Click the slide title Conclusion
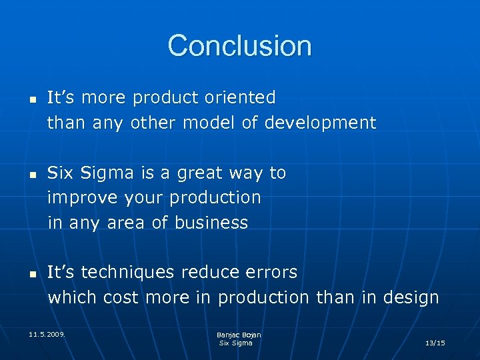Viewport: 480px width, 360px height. [x=239, y=46]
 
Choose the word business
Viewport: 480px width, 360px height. [x=211, y=223]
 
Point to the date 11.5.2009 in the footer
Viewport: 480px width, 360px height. [x=47, y=332]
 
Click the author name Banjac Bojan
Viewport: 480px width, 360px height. [x=239, y=335]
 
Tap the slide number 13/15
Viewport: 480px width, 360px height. [x=435, y=343]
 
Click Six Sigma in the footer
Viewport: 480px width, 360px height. [x=236, y=343]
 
